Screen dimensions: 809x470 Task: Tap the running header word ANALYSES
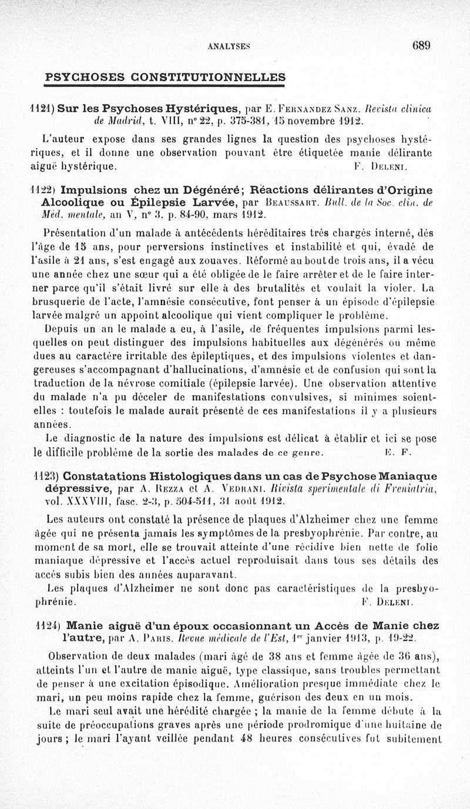[233, 47]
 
